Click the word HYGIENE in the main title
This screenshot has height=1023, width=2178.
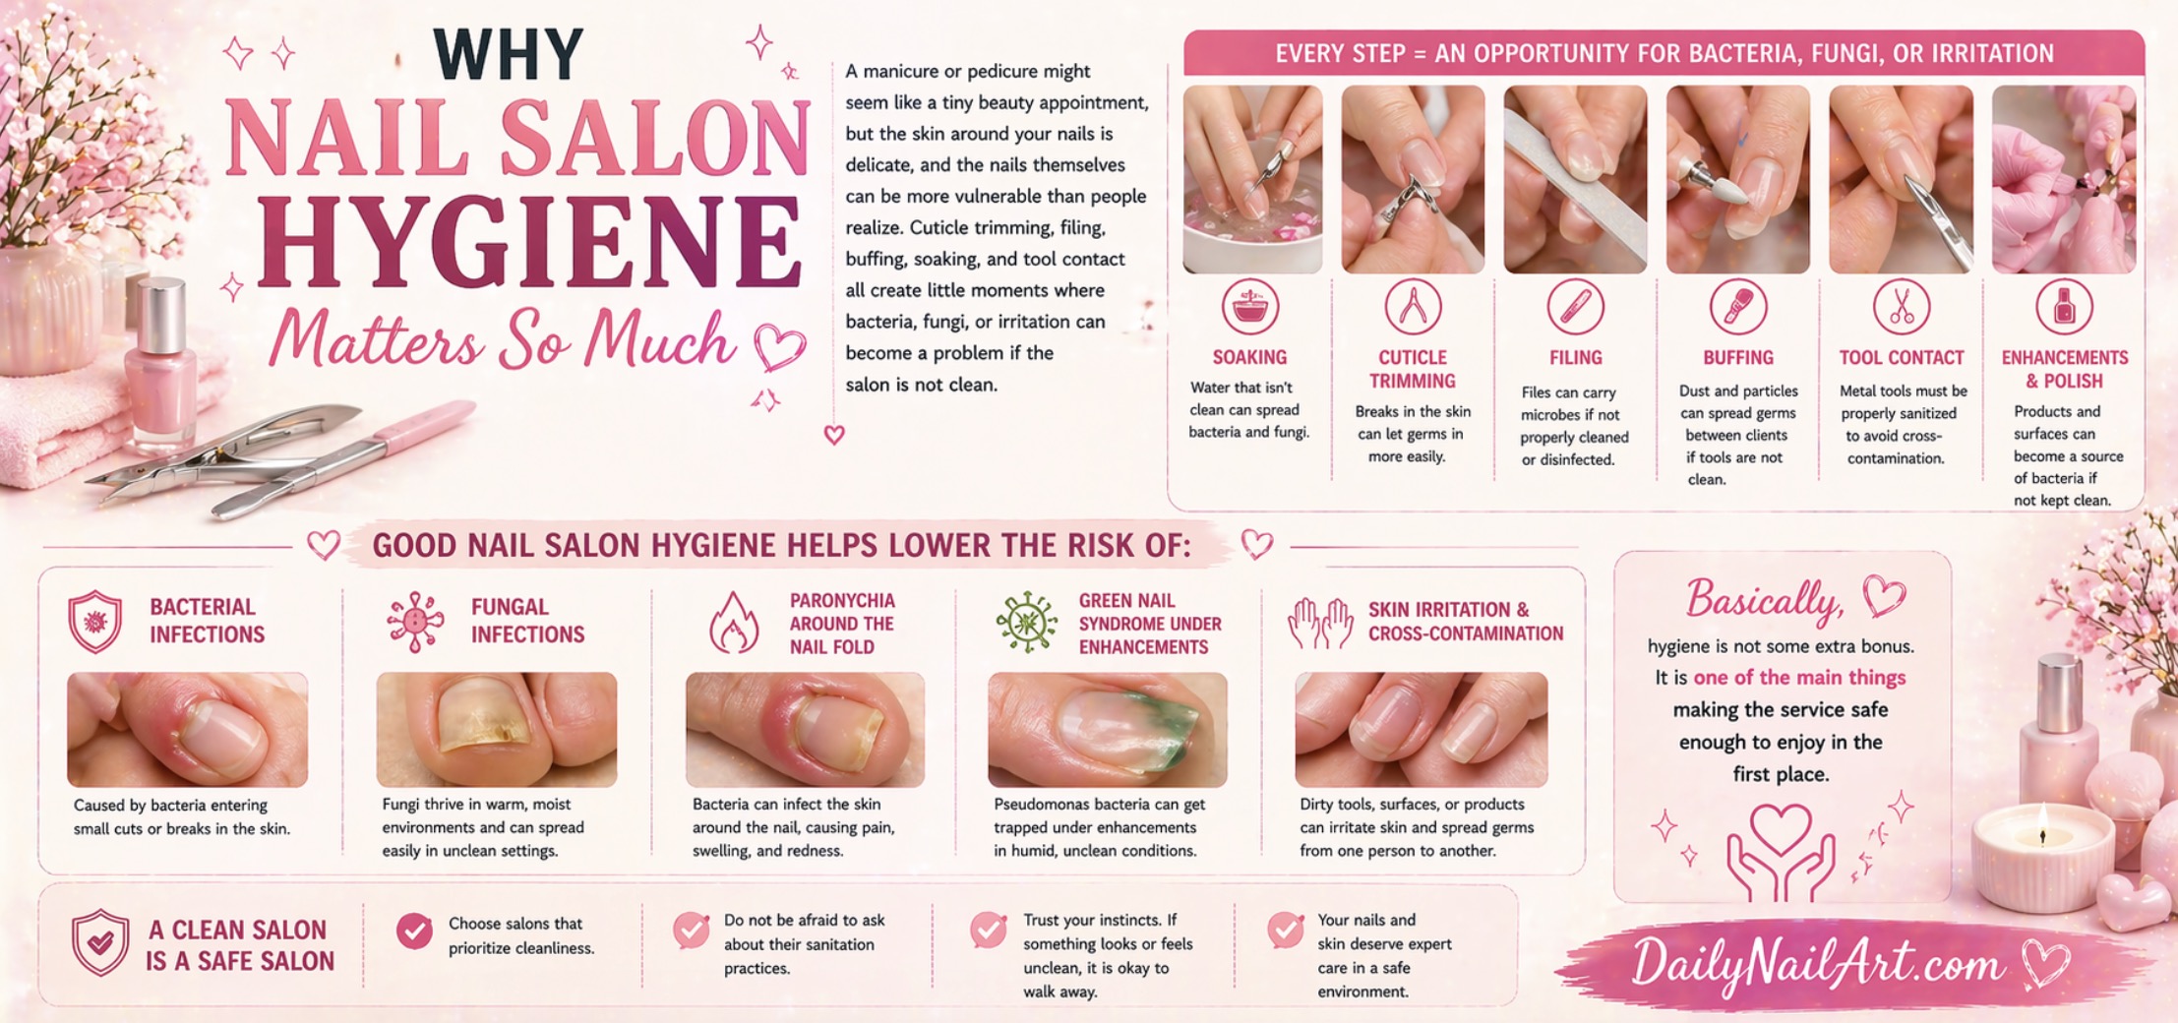pos(530,243)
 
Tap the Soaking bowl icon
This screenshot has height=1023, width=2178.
pos(1249,307)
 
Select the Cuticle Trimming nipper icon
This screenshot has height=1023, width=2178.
pos(1413,307)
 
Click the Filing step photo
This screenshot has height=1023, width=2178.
pos(1575,179)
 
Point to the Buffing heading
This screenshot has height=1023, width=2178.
pos(1738,358)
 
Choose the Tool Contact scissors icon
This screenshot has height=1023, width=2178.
pos(1901,307)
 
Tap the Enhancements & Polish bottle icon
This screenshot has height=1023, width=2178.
pos(2064,307)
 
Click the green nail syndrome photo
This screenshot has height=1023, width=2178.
pos(1108,730)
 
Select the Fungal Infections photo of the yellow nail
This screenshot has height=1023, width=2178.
pos(497,730)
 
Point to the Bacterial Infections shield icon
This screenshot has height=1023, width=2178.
pos(95,622)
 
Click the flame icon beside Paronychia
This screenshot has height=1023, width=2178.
pos(734,623)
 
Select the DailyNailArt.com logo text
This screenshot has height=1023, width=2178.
pos(1817,962)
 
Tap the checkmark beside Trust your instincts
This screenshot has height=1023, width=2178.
pos(989,930)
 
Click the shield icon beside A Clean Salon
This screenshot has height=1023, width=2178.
pos(100,942)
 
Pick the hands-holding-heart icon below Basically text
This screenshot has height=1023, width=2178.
pos(1781,852)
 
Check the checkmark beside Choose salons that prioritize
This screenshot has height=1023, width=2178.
pos(414,931)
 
